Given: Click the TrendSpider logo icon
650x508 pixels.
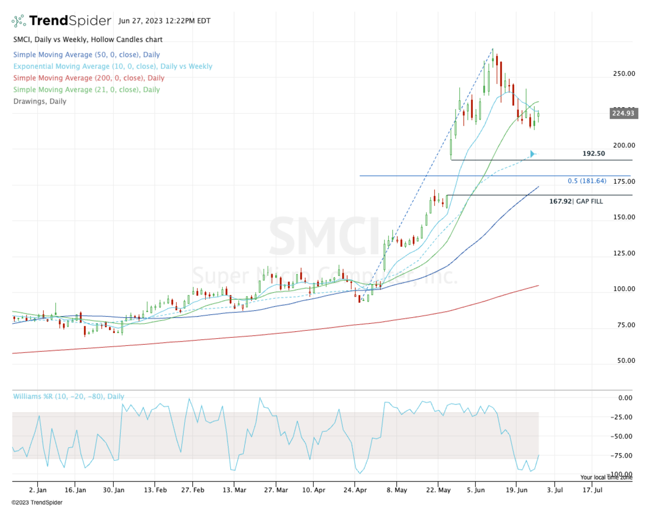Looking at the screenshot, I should click(19, 21).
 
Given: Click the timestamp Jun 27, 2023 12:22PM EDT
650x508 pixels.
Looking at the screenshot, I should click(164, 21).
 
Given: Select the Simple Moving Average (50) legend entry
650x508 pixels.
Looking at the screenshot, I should click(86, 55).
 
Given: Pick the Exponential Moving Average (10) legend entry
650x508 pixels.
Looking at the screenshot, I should click(112, 67).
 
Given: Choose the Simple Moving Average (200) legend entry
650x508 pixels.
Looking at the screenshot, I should click(88, 78).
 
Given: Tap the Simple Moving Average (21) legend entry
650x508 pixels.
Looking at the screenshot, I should click(86, 90).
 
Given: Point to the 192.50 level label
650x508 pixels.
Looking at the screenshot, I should click(594, 153).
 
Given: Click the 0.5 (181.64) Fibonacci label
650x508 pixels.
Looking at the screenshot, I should click(587, 181).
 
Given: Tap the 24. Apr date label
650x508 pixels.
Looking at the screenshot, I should click(354, 490).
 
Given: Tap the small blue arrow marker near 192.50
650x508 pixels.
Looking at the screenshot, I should click(533, 154).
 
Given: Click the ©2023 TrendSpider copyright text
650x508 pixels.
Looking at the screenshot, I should click(37, 503).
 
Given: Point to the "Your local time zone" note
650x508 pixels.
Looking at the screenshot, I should click(606, 478).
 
